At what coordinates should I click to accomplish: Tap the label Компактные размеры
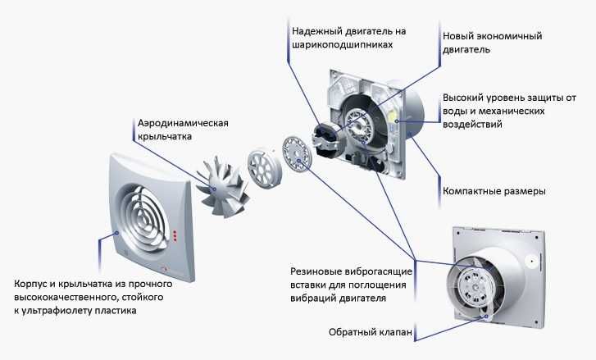tap(494, 192)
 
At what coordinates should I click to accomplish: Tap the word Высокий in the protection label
tap(464, 97)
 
